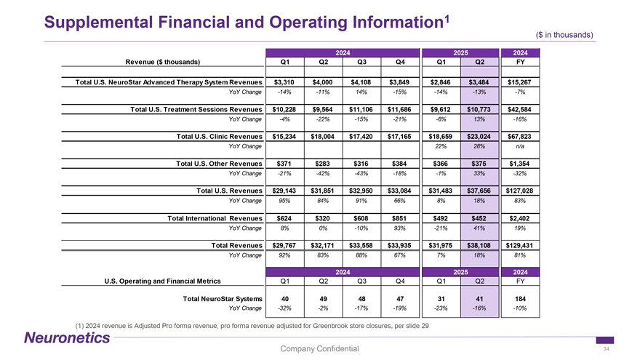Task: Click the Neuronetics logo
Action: click(x=68, y=337)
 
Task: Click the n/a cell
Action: click(x=521, y=148)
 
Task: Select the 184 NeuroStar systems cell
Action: click(x=521, y=298)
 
